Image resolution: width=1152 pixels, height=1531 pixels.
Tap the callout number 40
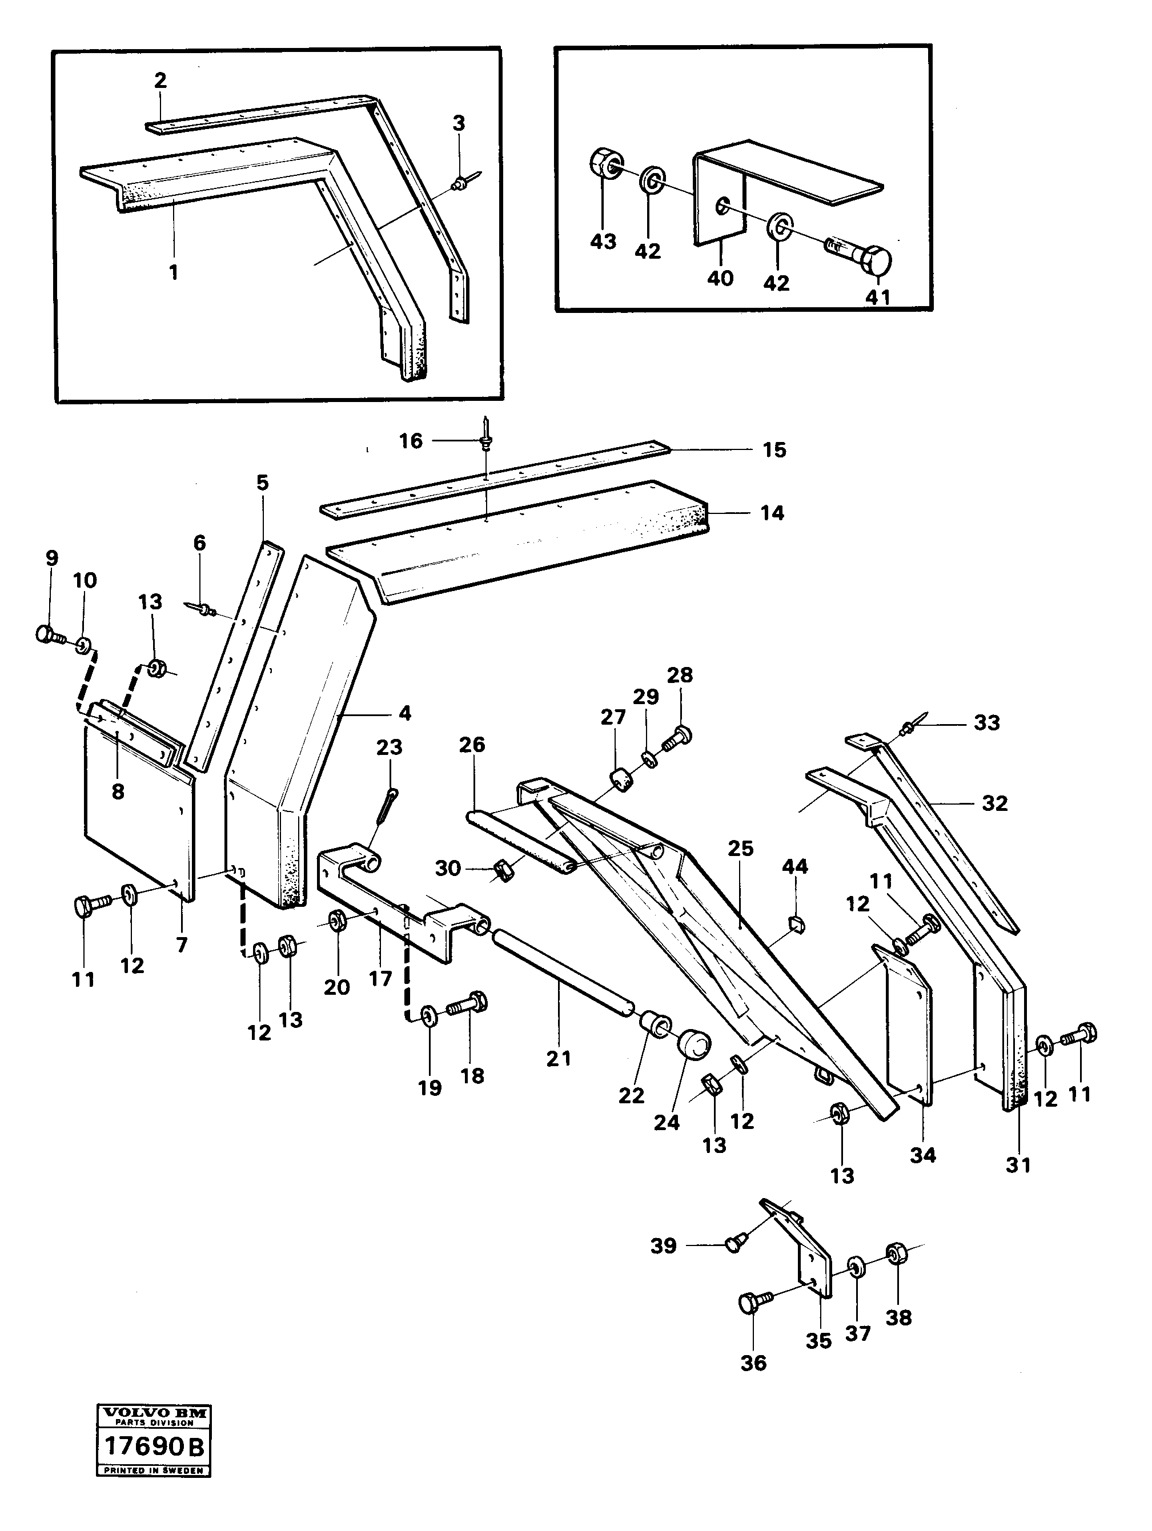[720, 278]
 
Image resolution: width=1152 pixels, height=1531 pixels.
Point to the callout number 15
[774, 450]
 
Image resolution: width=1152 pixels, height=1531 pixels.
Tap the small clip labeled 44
[796, 921]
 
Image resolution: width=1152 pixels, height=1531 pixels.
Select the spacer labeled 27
[623, 780]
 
